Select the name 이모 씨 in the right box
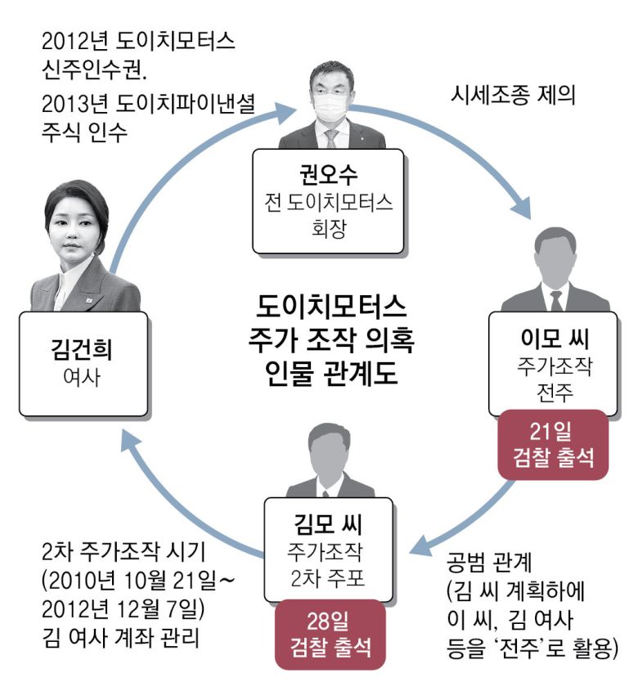(x=549, y=338)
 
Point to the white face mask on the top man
(x=331, y=106)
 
